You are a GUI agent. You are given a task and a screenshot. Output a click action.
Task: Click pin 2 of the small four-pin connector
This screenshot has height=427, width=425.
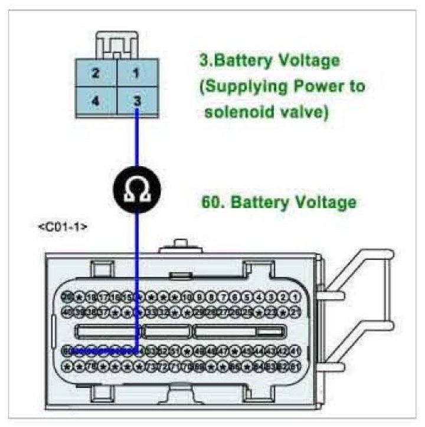coord(95,74)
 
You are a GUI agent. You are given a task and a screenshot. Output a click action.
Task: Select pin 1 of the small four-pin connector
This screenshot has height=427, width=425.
coord(137,74)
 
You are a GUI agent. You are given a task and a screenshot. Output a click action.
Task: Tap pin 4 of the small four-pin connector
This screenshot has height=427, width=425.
coord(95,101)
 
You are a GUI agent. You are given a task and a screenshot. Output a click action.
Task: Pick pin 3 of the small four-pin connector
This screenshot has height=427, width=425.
coord(137,101)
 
